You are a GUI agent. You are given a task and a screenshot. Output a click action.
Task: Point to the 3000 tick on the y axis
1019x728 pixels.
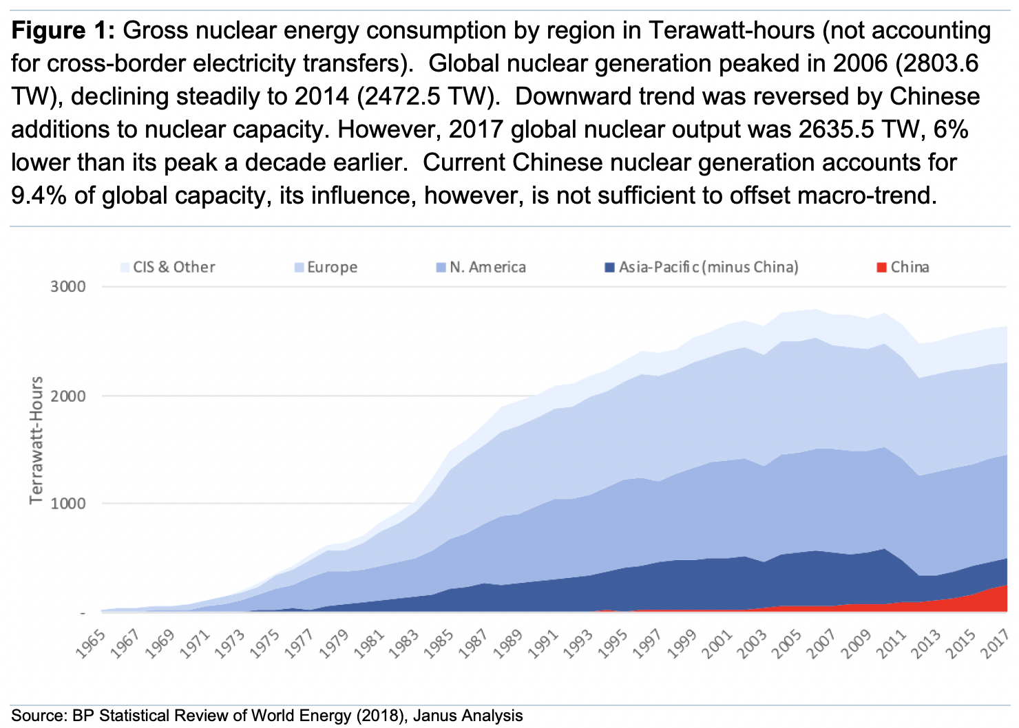(x=68, y=286)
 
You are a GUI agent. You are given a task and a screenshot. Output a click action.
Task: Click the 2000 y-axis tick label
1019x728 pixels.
(x=68, y=396)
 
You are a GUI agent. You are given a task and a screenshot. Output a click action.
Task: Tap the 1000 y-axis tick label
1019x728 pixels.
(x=68, y=504)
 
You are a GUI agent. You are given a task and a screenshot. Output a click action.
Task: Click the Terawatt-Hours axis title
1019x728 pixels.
(x=36, y=440)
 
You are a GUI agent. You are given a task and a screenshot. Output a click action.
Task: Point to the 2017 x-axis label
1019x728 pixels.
(x=996, y=643)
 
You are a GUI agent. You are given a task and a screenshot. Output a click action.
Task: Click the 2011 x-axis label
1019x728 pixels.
(x=892, y=643)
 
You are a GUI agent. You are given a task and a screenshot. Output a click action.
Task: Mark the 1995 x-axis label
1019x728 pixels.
(x=616, y=643)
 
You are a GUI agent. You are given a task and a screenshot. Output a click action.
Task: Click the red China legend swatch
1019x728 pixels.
(x=882, y=267)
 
